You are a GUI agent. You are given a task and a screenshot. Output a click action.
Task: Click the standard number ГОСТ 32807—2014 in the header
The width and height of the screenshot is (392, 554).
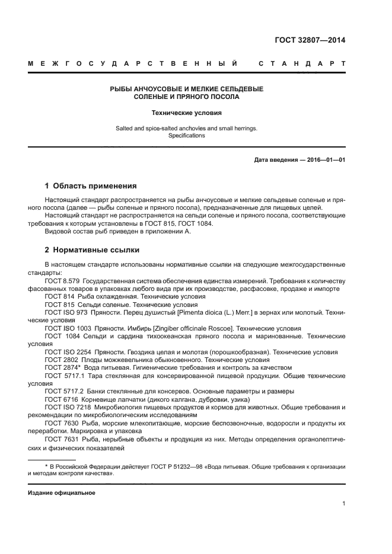click(x=310, y=41)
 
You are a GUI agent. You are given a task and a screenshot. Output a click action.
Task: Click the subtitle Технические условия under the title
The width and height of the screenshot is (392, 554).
click(x=187, y=111)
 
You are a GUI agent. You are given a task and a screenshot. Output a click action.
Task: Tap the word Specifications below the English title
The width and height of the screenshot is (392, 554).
click(x=187, y=135)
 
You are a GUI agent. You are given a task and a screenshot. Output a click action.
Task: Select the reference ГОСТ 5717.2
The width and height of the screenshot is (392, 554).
click(x=63, y=391)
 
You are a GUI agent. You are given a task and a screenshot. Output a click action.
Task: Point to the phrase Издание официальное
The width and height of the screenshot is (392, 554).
click(x=62, y=492)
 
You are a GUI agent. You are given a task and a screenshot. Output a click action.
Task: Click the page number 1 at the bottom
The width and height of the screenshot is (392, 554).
click(x=343, y=504)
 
